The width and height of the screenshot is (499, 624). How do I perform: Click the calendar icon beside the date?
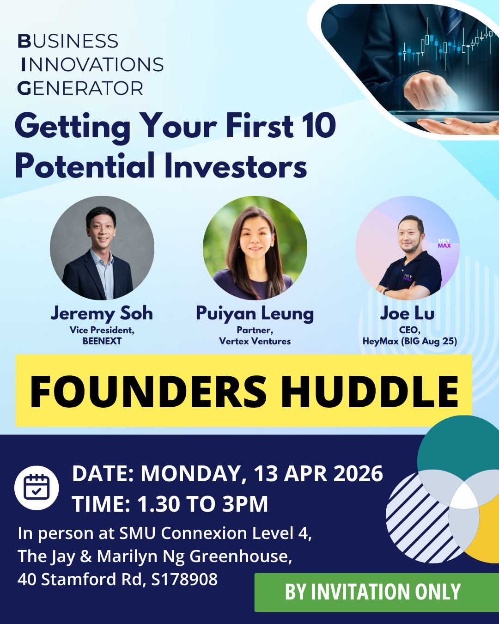coord(37,488)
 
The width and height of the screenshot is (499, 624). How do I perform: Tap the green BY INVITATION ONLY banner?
coord(373,592)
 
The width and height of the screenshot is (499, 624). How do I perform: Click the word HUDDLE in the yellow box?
coord(370,392)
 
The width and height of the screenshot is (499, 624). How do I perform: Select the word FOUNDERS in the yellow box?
coord(148,392)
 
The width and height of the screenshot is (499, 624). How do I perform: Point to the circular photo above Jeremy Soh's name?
coord(102,248)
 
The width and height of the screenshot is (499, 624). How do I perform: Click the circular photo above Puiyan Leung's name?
coord(255,248)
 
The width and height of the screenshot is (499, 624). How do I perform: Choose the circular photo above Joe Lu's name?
coord(408,248)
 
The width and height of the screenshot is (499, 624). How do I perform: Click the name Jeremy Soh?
coord(102,313)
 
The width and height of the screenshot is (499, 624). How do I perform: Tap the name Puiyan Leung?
coord(255,313)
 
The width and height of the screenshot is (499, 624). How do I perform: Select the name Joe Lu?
coord(408,313)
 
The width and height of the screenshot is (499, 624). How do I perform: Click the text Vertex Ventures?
coord(255,341)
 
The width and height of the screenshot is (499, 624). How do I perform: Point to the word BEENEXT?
coord(102,341)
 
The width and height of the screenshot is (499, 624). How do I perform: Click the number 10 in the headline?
coord(319,126)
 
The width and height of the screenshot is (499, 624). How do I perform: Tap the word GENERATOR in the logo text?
coord(80,88)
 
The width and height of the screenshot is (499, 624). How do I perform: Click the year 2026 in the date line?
coord(358,474)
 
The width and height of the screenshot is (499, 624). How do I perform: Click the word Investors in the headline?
coord(236,166)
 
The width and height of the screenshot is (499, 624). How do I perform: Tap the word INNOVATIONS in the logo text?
coord(92,65)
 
